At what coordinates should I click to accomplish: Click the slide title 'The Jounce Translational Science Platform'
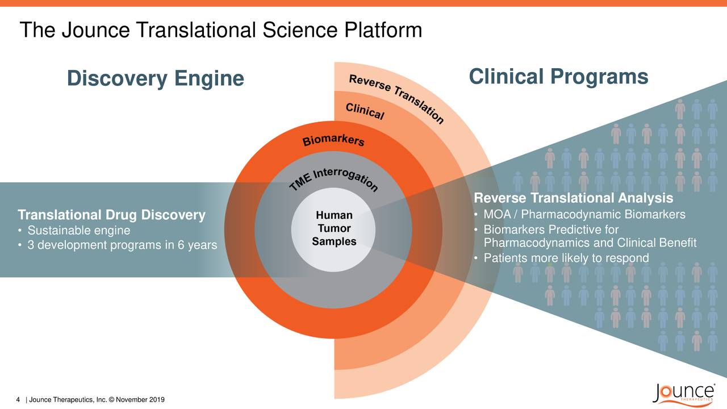[221, 30]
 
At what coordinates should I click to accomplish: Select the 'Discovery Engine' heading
[156, 79]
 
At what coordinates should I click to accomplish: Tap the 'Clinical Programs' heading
[558, 77]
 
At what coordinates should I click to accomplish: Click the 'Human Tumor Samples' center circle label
[334, 228]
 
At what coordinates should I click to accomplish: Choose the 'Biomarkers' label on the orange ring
[333, 140]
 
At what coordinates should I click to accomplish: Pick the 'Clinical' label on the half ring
[365, 111]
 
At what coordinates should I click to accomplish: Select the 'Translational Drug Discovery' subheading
[112, 215]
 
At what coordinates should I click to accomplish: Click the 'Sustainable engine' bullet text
[79, 231]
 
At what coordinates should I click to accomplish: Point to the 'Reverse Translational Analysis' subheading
[574, 198]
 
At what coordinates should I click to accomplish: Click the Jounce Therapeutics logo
[683, 394]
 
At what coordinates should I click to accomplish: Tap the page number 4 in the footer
[18, 399]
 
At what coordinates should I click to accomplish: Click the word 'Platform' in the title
[383, 30]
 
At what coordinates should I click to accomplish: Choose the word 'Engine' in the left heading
[209, 79]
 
